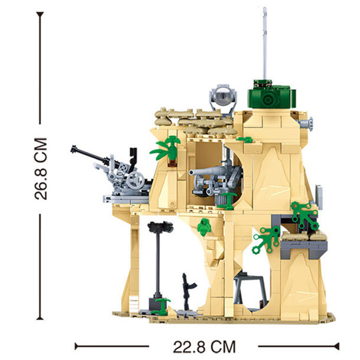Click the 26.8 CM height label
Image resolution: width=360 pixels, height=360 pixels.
tap(41, 169)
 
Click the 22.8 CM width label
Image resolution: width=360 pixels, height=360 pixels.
tap(204, 347)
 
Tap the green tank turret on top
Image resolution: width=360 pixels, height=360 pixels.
tap(272, 95)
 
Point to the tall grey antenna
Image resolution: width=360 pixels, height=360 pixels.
tap(265, 43)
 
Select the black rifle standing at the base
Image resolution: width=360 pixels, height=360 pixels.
tap(188, 292)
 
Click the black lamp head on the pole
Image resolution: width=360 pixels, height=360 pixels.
tap(160, 227)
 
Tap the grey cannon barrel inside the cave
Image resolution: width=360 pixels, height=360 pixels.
tap(206, 172)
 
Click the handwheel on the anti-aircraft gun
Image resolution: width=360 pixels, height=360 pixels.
tap(135, 180)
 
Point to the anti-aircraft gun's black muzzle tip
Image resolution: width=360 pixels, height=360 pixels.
tap(74, 149)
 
